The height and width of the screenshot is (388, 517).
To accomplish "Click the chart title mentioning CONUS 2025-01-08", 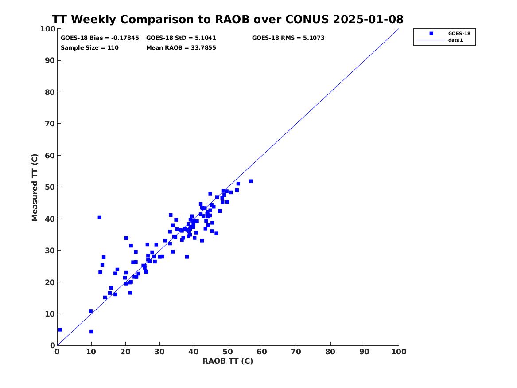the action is (228, 19).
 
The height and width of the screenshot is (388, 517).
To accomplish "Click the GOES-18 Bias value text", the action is (100, 38).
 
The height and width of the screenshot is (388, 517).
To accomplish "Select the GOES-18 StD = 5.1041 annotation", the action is (181, 38).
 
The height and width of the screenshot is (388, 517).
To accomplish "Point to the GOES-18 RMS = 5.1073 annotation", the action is (288, 38).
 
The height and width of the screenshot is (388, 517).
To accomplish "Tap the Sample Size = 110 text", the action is (89, 47).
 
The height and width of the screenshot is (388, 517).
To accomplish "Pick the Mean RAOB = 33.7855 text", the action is (181, 47).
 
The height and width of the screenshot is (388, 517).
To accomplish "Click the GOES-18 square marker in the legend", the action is (431, 33).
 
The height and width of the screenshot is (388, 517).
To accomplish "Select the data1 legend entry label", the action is (455, 40).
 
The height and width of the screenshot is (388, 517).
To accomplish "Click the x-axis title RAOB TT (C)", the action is (228, 361).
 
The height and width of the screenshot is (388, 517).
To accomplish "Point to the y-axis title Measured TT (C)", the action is (35, 188).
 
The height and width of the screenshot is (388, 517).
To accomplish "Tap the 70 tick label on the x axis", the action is (296, 352).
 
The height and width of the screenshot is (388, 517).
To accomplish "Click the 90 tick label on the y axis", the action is (50, 60).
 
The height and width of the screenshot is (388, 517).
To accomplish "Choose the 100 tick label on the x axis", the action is (399, 352).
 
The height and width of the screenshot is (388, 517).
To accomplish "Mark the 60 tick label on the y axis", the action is (50, 155).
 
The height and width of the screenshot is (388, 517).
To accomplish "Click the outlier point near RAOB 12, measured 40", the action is (100, 217).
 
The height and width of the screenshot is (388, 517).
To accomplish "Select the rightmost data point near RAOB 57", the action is (251, 181).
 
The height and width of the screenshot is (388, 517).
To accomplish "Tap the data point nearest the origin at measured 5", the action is (60, 329).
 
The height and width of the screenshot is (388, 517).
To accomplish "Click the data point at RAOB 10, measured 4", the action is (91, 332).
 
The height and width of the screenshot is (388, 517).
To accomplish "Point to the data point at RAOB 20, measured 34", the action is (126, 238).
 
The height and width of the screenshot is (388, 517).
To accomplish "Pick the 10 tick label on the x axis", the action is (91, 352).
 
